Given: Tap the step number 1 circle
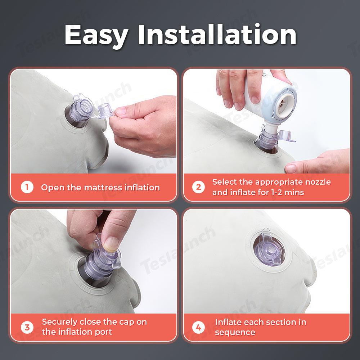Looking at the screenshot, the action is pyautogui.click(x=27, y=187).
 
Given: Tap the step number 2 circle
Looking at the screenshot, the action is pyautogui.click(x=199, y=187).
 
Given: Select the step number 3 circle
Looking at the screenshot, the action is pyautogui.click(x=27, y=327).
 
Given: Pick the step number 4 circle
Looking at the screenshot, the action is pyautogui.click(x=199, y=327).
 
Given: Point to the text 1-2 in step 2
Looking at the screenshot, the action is pyautogui.click(x=276, y=192).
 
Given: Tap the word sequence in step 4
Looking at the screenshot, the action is pyautogui.click(x=235, y=333).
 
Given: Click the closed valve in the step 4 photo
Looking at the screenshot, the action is pyautogui.click(x=269, y=249).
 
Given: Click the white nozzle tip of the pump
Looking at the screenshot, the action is pyautogui.click(x=271, y=129).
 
